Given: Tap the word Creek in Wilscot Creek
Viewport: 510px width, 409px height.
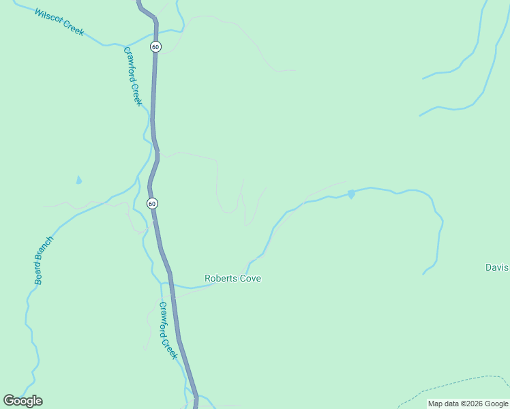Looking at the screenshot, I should click(73, 28).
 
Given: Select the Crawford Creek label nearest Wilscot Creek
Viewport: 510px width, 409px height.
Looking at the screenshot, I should click(133, 76).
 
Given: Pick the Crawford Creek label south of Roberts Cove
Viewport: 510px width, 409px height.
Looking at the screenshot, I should click(168, 331).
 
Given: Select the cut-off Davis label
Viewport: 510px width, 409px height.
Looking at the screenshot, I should click(497, 267).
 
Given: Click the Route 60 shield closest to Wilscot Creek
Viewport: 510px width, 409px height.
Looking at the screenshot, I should click(156, 46).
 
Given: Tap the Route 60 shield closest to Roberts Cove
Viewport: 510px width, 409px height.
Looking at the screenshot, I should click(152, 203).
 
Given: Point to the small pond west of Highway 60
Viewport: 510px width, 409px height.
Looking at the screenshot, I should click(79, 181).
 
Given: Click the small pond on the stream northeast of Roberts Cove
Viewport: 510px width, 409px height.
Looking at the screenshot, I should click(351, 194).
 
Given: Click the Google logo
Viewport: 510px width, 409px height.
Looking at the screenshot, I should click(22, 401).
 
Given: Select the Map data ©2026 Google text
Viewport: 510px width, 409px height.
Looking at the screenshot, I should click(468, 404).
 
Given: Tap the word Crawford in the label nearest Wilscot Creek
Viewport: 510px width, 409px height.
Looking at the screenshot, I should click(130, 65).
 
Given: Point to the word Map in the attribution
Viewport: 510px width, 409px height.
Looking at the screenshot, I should click(435, 404).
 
